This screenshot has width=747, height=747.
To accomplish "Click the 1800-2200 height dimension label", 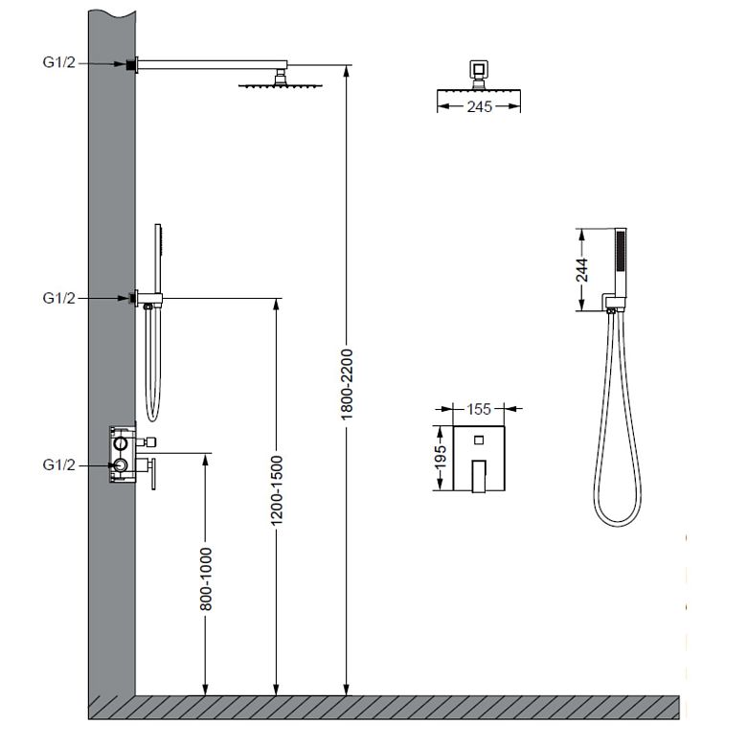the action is [347, 384].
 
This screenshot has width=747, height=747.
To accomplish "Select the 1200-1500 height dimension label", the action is [277, 490].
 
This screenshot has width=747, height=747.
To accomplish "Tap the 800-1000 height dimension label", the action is [205, 579].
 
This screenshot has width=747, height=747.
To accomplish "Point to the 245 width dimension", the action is [479, 106].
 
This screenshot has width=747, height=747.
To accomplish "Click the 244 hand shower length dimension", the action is [582, 270].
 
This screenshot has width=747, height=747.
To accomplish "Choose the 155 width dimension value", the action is [478, 409].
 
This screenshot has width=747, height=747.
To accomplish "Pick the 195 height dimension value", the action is [441, 457].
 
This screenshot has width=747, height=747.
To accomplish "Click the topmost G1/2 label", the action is [59, 62].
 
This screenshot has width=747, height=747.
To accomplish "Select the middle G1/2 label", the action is [59, 298].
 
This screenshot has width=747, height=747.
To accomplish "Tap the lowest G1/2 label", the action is [59, 464].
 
